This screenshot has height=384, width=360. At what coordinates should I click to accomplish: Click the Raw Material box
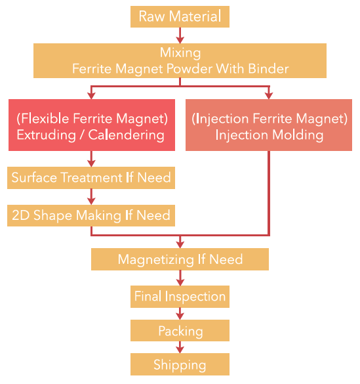click(180, 16)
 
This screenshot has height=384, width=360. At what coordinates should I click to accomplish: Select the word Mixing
click(180, 53)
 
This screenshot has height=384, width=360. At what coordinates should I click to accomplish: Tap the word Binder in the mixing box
click(268, 68)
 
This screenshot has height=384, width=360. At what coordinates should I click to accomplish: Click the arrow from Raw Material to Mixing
click(180, 35)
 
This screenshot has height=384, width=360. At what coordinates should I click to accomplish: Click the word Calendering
click(126, 135)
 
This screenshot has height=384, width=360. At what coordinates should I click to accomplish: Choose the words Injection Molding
click(269, 135)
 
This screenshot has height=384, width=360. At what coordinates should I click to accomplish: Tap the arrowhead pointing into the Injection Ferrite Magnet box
click(269, 96)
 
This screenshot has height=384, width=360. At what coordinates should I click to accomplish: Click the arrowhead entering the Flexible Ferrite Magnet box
click(91, 96)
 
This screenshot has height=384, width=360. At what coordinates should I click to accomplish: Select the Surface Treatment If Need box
click(91, 178)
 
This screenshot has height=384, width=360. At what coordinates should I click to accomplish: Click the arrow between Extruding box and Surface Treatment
click(91, 159)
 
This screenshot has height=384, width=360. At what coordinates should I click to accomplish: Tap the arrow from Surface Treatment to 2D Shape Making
click(91, 197)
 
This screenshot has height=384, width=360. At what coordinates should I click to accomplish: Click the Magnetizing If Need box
click(180, 259)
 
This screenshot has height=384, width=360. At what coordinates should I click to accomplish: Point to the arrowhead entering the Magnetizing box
click(180, 245)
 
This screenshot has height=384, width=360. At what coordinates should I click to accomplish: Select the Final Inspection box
click(180, 297)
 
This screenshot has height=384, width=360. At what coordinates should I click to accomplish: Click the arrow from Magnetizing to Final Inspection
click(180, 278)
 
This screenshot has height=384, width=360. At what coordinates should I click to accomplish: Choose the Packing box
click(180, 330)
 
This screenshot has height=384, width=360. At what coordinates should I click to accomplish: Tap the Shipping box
click(180, 364)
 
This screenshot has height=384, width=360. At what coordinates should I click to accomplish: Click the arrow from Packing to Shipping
click(180, 347)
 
